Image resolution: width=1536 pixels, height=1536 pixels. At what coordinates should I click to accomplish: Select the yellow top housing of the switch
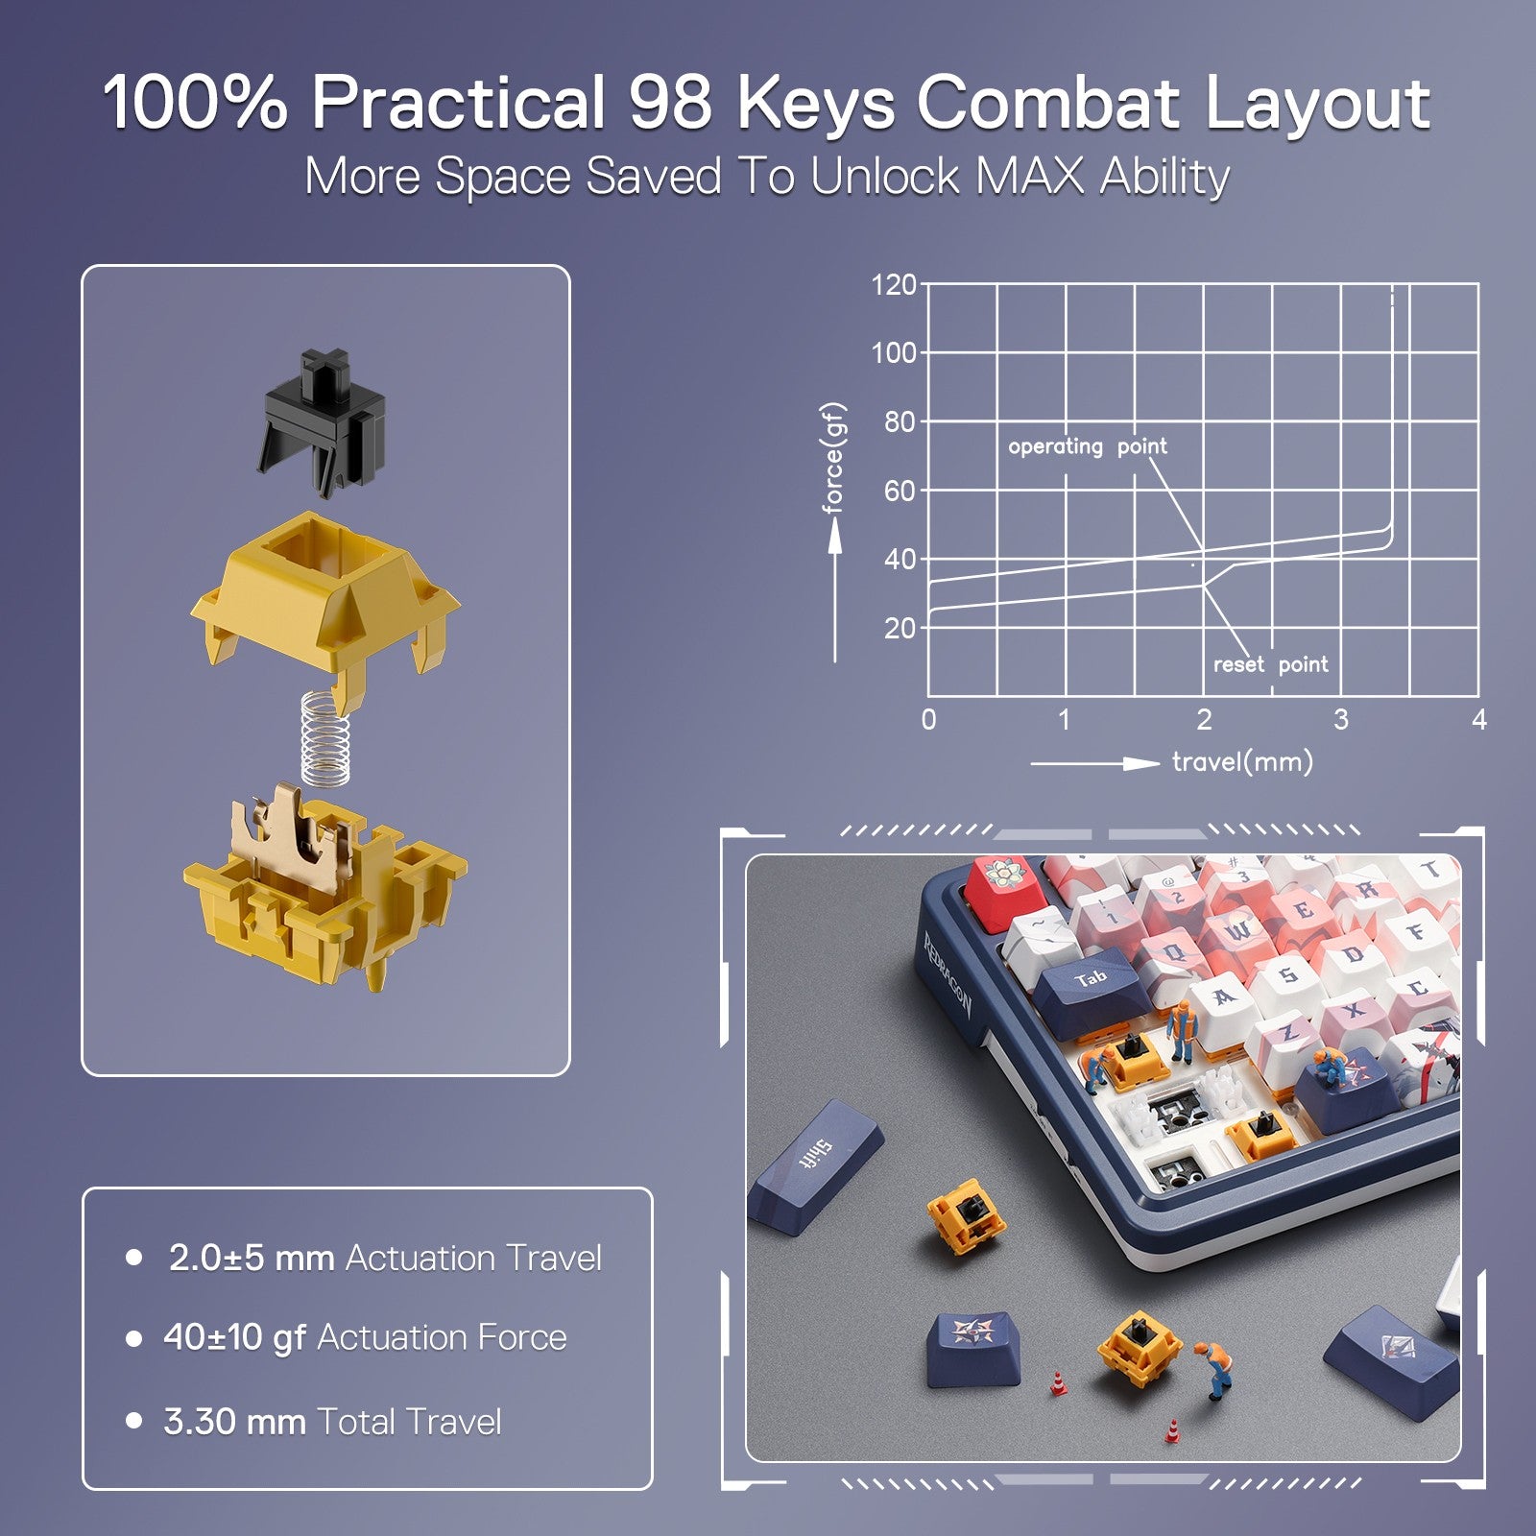324,586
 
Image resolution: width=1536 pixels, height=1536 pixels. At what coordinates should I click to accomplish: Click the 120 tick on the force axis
893,285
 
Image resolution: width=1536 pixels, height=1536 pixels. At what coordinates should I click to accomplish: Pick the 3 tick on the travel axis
1341,719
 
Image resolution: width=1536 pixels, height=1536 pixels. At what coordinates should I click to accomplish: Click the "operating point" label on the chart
1087,446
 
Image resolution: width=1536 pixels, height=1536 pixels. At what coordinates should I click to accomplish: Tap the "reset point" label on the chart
1270,664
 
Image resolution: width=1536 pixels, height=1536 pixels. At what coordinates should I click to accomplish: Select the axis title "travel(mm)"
1242,763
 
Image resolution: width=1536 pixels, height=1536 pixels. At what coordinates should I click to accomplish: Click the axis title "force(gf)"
833,458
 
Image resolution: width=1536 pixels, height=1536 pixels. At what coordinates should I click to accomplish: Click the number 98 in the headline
670,102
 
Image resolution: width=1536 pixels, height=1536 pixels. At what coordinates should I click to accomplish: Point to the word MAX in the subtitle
1029,177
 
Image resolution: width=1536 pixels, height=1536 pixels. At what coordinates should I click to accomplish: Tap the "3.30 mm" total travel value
234,1422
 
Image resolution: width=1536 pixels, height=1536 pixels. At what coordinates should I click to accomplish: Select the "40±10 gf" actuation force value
234,1337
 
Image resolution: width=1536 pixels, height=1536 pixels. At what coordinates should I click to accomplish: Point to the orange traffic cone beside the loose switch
1057,1383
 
